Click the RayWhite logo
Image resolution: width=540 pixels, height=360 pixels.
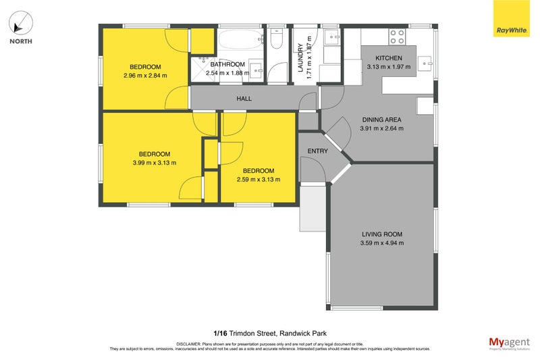coord(512,18)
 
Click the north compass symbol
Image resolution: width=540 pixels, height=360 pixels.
coord(20,25)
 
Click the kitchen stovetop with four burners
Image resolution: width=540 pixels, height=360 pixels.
coord(396,36)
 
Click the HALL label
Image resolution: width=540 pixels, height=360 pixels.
coord(244,99)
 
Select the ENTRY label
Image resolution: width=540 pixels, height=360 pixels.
coord(317,151)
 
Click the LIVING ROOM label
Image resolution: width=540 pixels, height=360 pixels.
coord(381,234)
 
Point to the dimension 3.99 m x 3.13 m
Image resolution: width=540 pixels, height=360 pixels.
coord(155,162)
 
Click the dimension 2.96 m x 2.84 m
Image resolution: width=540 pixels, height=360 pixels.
coord(145,75)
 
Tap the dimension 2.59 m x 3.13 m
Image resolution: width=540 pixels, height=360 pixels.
coord(259,179)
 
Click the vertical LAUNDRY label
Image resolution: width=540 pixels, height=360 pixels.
coord(301,58)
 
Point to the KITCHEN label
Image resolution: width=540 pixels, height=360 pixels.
coord(388,58)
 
